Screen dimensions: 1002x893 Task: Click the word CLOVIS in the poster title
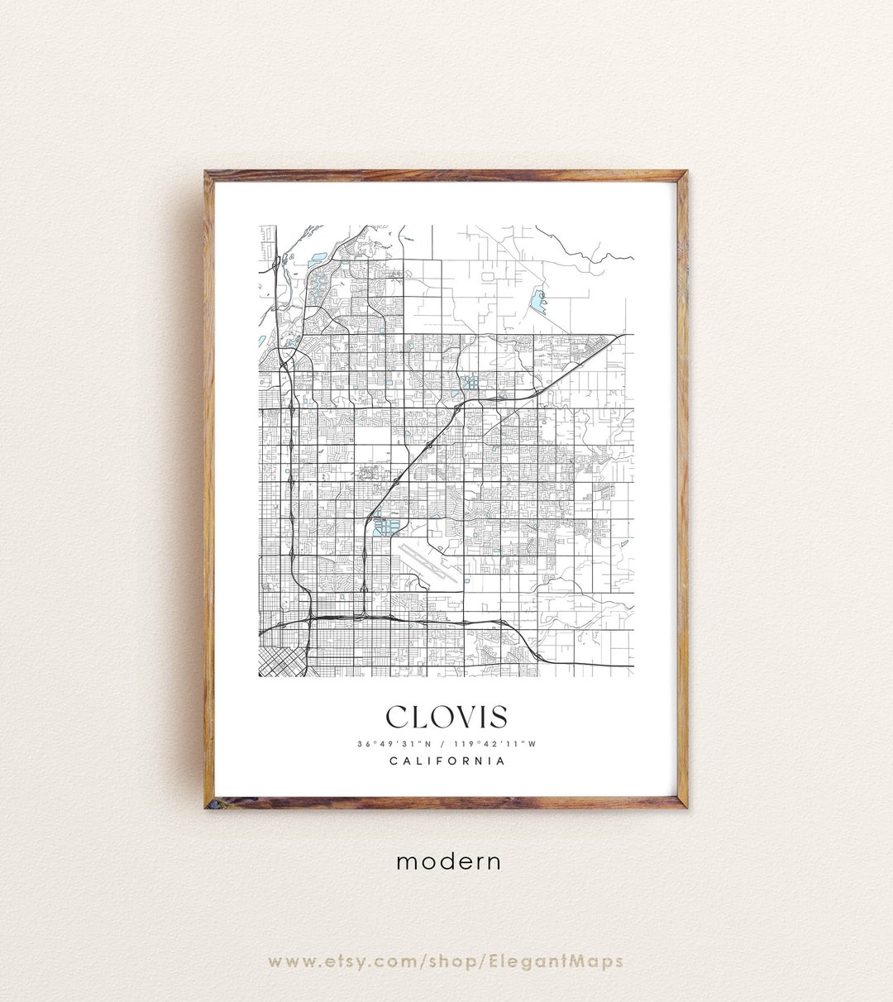(446, 717)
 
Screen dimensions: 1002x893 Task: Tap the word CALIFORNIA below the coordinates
(446, 761)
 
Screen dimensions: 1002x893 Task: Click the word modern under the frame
(448, 861)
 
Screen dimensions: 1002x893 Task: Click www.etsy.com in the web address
(343, 961)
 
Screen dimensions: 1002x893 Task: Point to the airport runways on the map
(429, 563)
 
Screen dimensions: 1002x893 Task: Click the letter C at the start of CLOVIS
(398, 717)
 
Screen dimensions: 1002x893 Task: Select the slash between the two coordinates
(446, 744)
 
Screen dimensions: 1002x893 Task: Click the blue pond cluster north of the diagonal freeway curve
(470, 383)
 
